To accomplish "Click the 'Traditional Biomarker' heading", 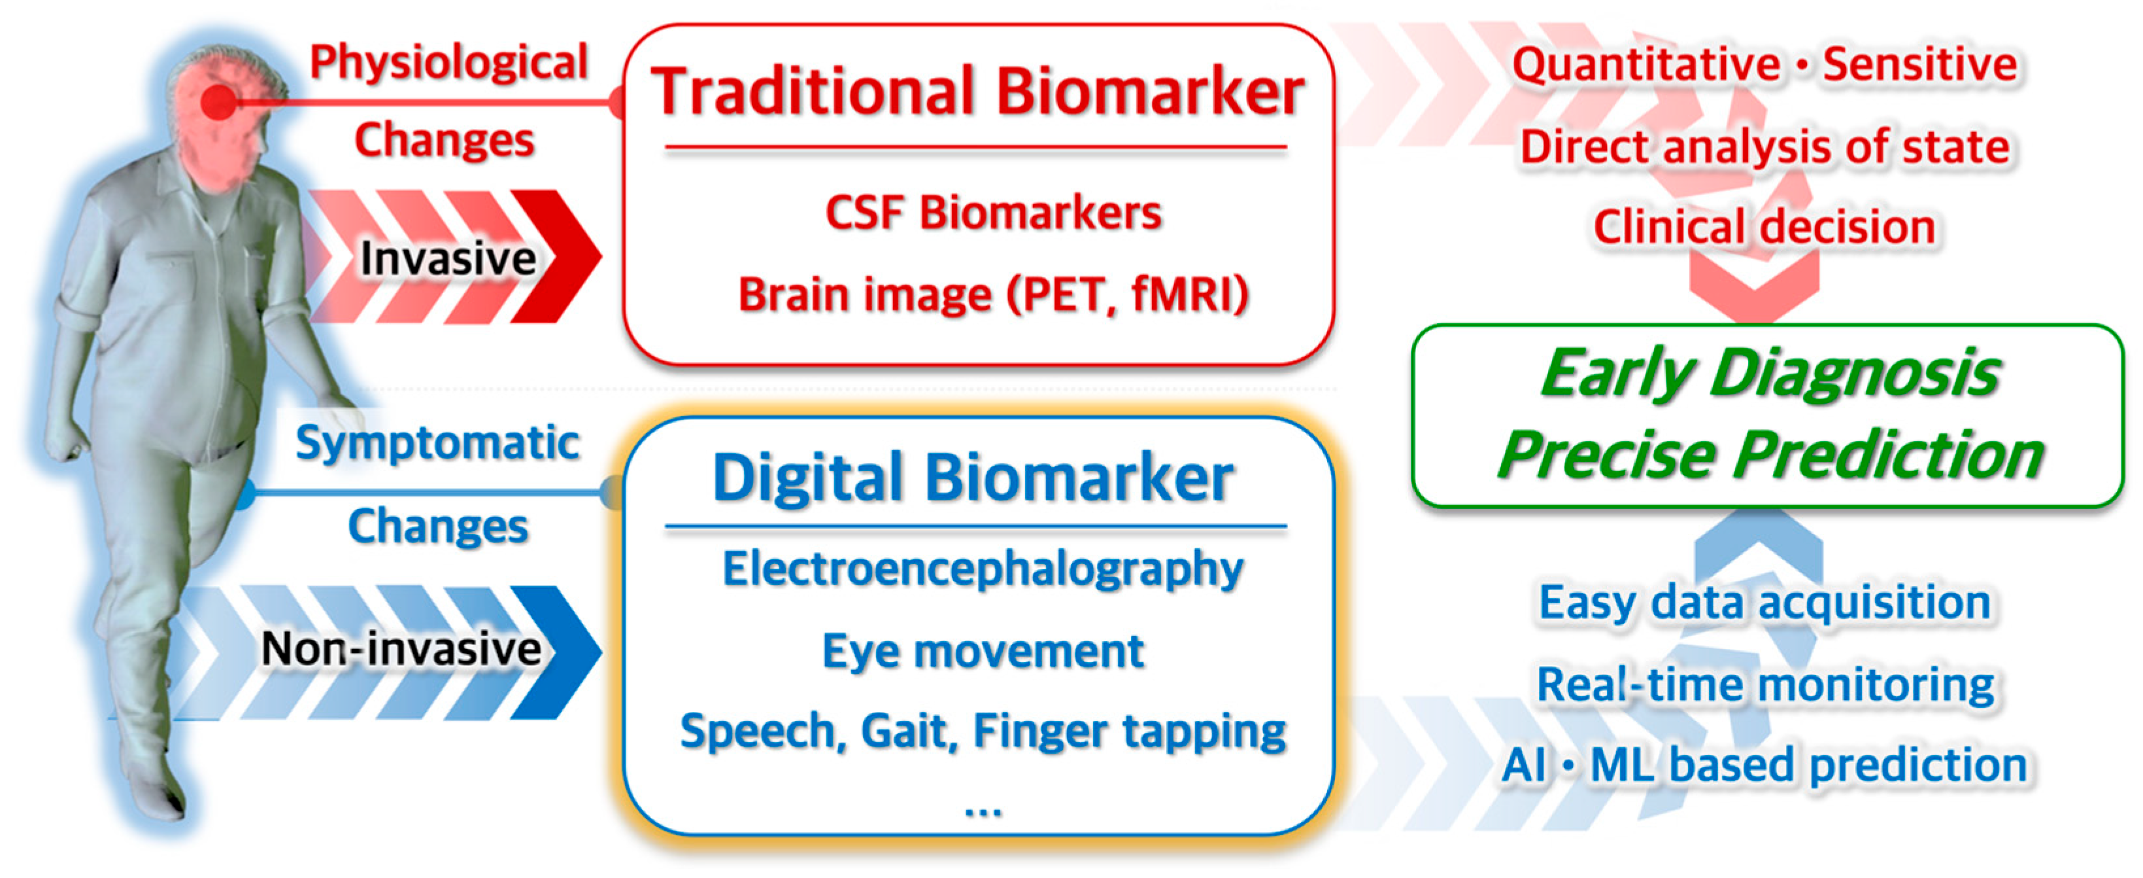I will tap(977, 92).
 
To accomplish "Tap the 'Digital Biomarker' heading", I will tap(973, 478).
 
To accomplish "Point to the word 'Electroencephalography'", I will tap(983, 569).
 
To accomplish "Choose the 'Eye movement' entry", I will tap(983, 651).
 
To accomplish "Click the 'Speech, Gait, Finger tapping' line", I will tap(983, 731).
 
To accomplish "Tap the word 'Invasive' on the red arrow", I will tap(448, 258).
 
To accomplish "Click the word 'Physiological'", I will tap(448, 62).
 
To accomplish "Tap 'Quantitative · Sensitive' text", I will tap(1764, 64).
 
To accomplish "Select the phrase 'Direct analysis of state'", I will tap(1764, 147).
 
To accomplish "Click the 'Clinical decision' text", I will tap(1764, 226).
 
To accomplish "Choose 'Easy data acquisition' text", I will tap(1764, 602).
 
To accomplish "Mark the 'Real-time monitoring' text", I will tap(1764, 684).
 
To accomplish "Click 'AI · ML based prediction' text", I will tap(1764, 765).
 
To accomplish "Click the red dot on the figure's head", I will tap(219, 102).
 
